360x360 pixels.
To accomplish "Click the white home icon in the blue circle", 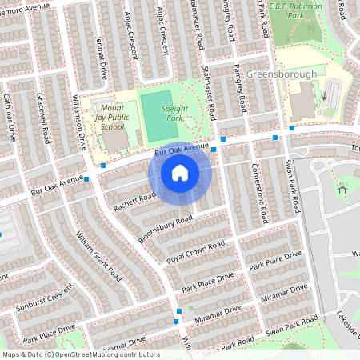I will (180, 173).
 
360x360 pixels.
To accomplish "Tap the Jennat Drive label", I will (101, 59).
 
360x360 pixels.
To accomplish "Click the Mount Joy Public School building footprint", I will (115, 139).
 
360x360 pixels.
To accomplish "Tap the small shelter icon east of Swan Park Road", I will (342, 190).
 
